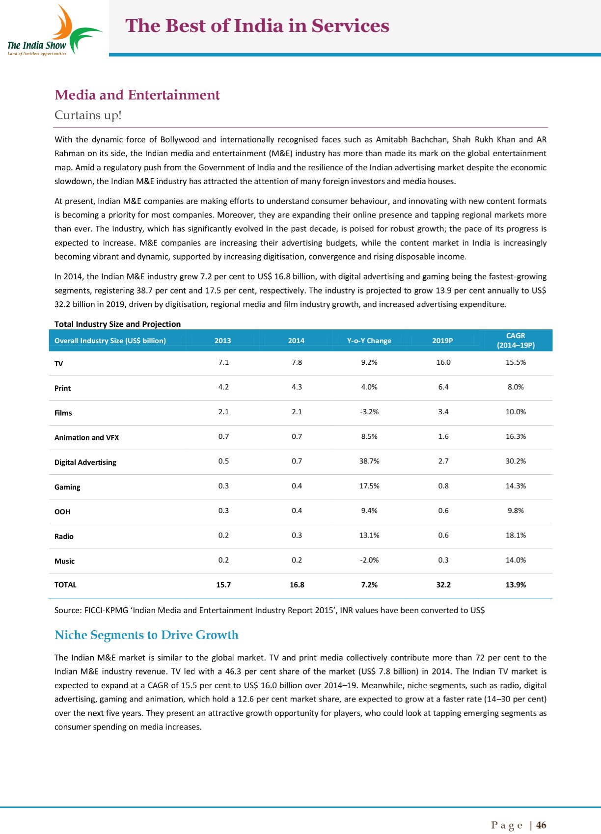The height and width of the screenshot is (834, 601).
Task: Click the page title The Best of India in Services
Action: click(257, 26)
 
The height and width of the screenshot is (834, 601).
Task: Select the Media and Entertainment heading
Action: click(137, 95)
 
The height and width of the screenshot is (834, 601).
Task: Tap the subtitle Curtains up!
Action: click(88, 115)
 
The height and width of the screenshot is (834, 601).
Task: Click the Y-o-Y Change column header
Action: click(369, 341)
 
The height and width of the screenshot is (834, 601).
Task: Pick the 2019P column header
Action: click(442, 341)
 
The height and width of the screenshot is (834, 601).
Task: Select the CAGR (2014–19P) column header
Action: click(516, 340)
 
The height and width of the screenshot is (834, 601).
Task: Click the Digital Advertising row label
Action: click(85, 462)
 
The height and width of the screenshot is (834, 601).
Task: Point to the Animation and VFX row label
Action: click(86, 437)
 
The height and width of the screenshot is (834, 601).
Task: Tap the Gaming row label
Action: click(67, 487)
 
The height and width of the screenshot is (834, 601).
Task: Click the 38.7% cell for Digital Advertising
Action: click(369, 461)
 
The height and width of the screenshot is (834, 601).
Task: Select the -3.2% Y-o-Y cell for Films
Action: click(369, 412)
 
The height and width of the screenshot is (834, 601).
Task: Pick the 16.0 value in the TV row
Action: click(443, 362)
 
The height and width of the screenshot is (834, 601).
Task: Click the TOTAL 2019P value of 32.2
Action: click(443, 585)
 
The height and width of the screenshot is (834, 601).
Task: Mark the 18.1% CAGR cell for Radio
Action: click(516, 535)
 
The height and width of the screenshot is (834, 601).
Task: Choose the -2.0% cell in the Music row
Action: click(369, 560)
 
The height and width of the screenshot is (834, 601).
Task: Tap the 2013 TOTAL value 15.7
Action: click(223, 585)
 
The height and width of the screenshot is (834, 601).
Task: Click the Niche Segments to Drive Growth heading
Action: click(146, 635)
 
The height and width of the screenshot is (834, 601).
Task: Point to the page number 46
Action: click(541, 825)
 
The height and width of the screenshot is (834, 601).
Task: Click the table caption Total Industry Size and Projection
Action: click(117, 324)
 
